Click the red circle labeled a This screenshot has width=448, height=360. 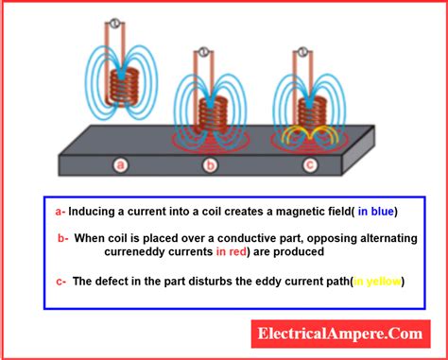pyautogui.click(x=120, y=166)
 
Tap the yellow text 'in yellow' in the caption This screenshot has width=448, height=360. pyautogui.click(x=375, y=281)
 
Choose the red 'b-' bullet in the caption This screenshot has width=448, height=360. pyautogui.click(x=64, y=238)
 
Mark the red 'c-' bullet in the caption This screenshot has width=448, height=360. pyautogui.click(x=61, y=281)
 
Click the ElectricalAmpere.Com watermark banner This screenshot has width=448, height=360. pyautogui.click(x=343, y=333)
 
